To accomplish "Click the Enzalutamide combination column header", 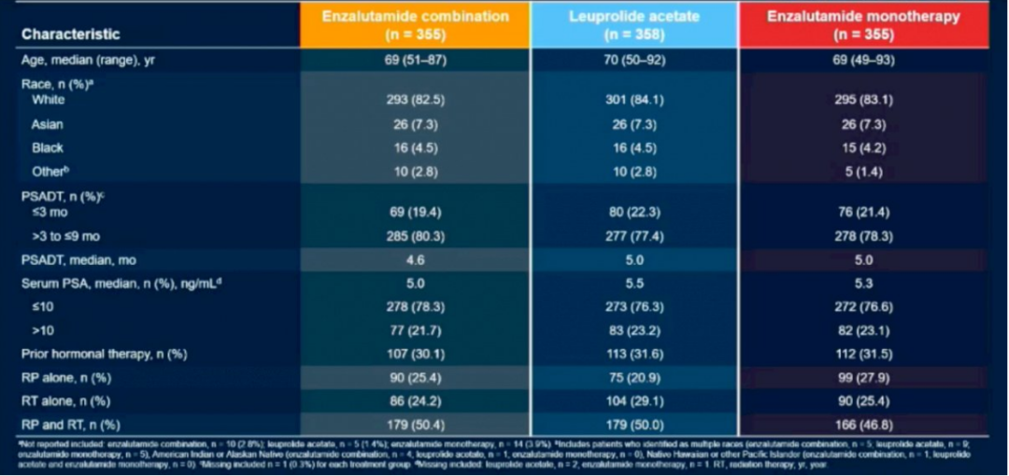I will pos(415,24).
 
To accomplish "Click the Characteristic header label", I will pos(71,35).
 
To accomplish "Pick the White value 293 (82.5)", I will pos(415,100).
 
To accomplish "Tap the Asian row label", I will pos(48,124).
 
